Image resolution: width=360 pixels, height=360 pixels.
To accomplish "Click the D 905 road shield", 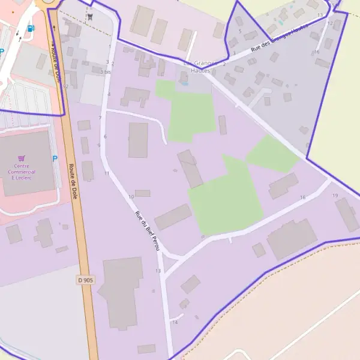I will [86, 280].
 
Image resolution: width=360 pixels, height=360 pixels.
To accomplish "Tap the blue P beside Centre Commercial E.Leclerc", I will [55, 159].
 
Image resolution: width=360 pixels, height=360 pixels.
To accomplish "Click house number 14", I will [175, 322].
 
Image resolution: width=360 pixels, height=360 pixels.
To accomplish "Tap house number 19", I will [335, 196].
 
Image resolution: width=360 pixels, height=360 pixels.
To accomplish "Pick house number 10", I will [131, 197].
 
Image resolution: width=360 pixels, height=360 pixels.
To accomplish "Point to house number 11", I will [106, 173].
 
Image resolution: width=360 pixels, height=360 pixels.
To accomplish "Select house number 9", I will [98, 145].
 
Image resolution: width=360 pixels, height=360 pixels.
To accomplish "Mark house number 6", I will [105, 137].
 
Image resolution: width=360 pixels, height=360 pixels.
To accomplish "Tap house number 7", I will [100, 118].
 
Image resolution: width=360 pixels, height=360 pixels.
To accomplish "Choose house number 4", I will [109, 94].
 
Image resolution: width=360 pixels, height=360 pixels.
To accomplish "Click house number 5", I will [239, 31].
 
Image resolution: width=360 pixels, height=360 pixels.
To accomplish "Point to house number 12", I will [330, 23].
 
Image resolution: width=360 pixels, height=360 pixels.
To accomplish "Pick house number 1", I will [110, 46].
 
